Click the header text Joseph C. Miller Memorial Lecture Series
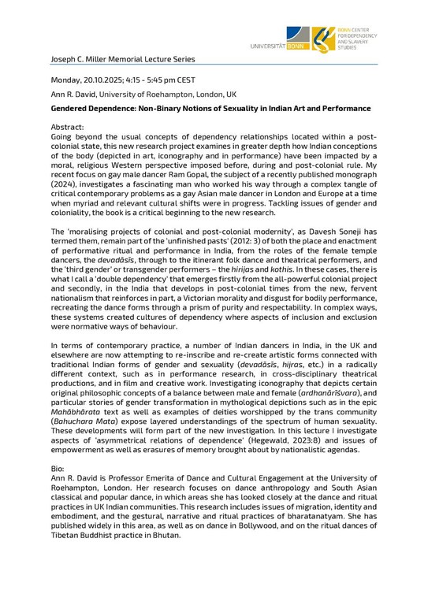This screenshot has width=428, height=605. (123, 59)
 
